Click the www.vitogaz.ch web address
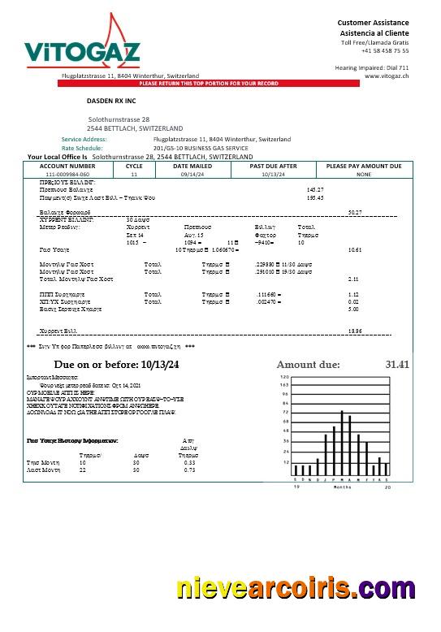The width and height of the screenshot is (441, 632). coord(387,76)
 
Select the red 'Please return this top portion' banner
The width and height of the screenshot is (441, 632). coord(209,84)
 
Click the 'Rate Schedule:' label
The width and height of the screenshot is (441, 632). coord(82,149)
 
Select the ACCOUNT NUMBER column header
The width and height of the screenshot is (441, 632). coord(67,166)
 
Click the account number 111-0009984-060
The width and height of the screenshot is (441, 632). coord(67,174)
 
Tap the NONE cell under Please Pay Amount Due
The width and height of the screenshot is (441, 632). coord(363,174)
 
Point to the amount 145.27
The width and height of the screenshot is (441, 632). coord(315,189)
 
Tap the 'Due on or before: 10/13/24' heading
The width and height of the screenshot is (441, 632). coord(116,365)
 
